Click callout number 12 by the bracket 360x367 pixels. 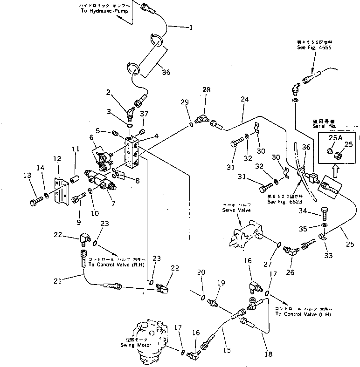57,159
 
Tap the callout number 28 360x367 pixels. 206,89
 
